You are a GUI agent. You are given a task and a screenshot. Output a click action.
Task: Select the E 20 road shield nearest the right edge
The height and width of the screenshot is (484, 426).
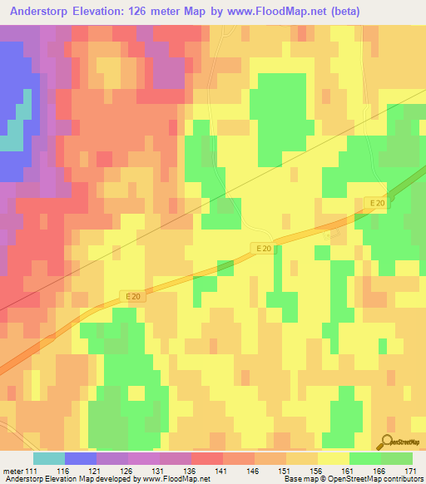click(377, 203)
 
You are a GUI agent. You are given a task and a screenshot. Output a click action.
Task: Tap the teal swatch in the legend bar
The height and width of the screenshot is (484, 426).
click(49, 458)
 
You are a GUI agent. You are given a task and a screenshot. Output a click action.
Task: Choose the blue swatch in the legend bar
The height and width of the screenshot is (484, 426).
click(81, 458)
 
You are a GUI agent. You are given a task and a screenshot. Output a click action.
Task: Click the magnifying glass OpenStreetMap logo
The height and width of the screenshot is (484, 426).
click(387, 442)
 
